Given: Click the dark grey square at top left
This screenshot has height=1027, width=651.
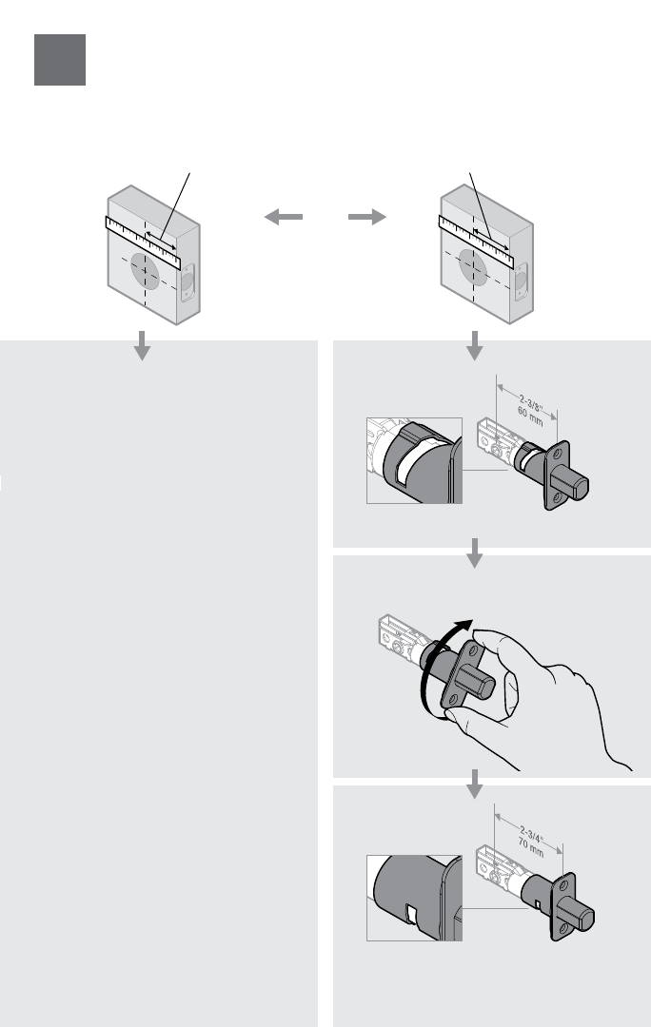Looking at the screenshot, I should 60,60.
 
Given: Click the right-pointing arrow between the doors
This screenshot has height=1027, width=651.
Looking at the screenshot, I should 367,218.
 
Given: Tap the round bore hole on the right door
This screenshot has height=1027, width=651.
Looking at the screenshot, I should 475,270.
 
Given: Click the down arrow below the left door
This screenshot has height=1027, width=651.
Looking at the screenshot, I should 142,347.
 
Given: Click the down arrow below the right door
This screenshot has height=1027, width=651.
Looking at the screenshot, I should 474,347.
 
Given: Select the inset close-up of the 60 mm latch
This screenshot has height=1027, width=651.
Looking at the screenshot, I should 414,460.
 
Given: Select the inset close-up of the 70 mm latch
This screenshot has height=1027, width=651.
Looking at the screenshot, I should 414,897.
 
